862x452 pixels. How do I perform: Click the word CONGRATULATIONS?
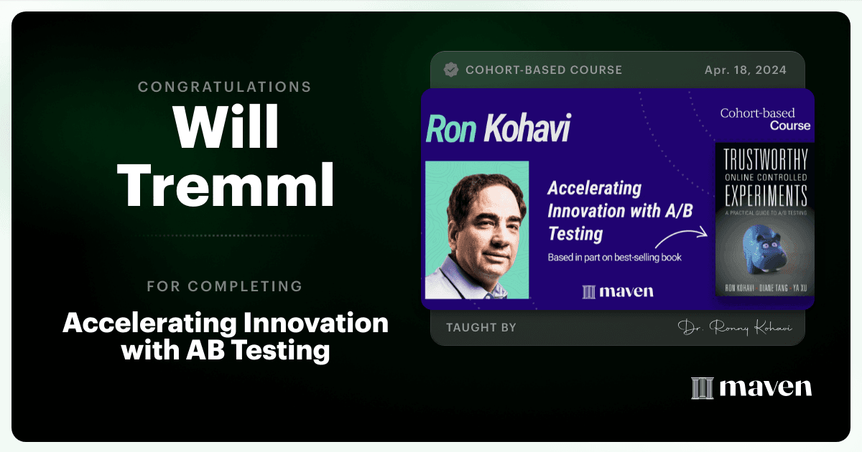[225, 87]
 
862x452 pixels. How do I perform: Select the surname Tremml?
[226, 185]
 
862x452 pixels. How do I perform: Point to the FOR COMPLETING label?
[225, 286]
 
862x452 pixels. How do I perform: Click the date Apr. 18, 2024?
[746, 70]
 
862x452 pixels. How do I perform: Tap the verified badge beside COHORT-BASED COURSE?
[451, 70]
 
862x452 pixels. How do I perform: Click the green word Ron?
[451, 128]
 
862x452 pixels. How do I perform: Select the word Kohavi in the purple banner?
[527, 128]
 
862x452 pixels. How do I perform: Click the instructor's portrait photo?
[477, 230]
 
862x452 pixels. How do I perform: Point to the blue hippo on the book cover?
[764, 250]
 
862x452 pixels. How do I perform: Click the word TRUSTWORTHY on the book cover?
[766, 159]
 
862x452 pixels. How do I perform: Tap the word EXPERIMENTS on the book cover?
[766, 195]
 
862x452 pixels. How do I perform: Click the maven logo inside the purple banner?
[618, 291]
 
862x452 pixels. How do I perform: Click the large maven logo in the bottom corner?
[751, 387]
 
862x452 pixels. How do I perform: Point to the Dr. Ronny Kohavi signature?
[735, 327]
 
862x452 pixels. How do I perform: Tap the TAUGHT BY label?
[481, 327]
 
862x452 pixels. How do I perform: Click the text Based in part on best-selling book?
[615, 258]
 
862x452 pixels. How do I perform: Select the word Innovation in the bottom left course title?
[315, 323]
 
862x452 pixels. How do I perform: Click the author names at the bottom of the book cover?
[766, 288]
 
